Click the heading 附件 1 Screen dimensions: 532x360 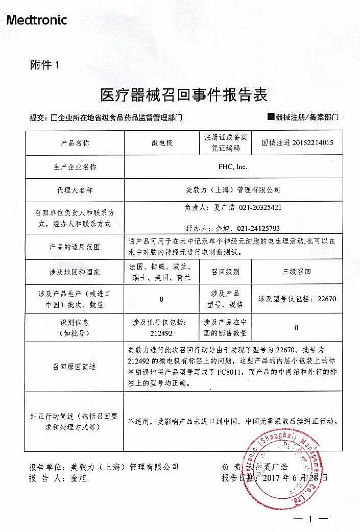[x=45, y=65]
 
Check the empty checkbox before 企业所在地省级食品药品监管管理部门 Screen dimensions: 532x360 [x=54, y=118]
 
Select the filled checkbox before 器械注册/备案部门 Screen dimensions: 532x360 [x=271, y=117]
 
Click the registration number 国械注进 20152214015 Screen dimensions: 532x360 [x=297, y=143]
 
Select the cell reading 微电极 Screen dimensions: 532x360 [x=162, y=143]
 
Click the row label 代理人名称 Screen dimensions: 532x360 [x=75, y=189]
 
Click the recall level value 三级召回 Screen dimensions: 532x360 [x=297, y=272]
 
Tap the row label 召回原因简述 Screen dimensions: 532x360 [x=75, y=367]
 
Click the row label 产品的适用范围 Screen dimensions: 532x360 [x=75, y=247]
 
